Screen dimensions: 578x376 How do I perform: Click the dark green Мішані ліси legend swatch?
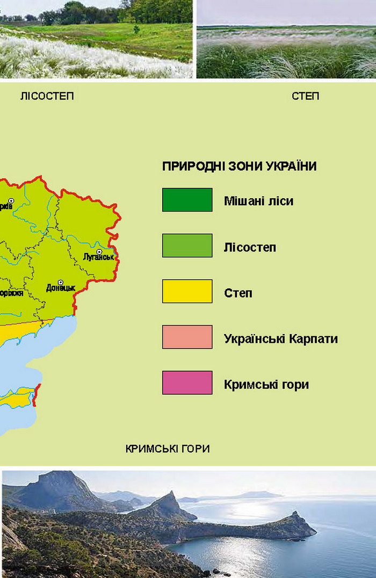click(x=187, y=200)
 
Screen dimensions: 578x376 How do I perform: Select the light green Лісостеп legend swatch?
click(x=187, y=245)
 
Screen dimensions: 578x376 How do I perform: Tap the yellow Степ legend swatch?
click(x=187, y=291)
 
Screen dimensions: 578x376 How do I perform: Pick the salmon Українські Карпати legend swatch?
click(x=187, y=337)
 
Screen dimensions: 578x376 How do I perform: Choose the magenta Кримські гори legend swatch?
click(x=187, y=382)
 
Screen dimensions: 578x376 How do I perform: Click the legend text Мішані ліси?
click(x=258, y=201)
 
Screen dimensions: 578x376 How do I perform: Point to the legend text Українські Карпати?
click(x=280, y=339)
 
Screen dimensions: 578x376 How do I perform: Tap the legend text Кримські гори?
click(x=266, y=385)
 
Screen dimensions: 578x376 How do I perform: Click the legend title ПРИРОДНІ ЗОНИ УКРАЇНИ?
click(x=239, y=167)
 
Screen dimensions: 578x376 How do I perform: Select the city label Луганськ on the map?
click(x=99, y=258)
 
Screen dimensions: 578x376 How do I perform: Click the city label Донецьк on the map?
click(x=60, y=288)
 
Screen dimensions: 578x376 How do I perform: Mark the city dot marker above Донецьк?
click(x=60, y=281)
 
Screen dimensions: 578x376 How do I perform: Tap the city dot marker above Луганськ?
click(x=99, y=251)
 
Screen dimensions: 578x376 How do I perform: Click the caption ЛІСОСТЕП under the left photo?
click(x=47, y=96)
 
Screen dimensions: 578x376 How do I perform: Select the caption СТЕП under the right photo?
click(x=305, y=96)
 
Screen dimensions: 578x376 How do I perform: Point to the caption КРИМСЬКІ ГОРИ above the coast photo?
click(x=167, y=449)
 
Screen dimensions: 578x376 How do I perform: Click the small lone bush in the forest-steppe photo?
click(x=136, y=29)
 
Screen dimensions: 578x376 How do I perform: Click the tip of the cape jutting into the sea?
click(x=314, y=533)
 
